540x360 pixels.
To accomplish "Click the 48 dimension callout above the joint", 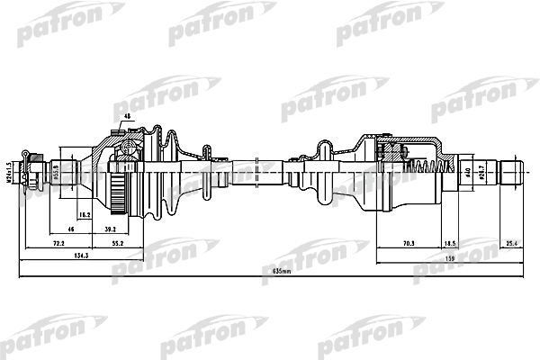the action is [128, 116].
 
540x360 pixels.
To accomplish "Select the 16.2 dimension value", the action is [85, 216].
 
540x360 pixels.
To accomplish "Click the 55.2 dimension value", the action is [117, 244].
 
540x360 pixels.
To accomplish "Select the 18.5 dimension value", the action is [451, 244].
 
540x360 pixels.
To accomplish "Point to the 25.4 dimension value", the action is [512, 244].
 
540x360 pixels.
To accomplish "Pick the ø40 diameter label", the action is [469, 172].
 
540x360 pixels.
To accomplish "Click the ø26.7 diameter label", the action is [481, 171].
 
